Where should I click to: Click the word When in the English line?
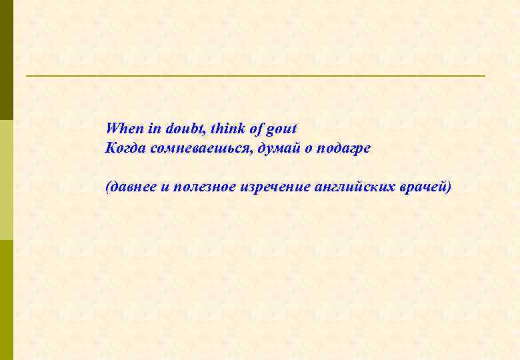(121, 128)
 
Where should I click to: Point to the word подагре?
(344, 149)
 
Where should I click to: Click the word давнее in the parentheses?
(132, 187)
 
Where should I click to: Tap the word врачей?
(425, 187)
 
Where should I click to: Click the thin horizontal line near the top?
(255, 76)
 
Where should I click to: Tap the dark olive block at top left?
(6, 60)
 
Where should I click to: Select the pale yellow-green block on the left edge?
(6, 180)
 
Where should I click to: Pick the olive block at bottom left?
(6, 300)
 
